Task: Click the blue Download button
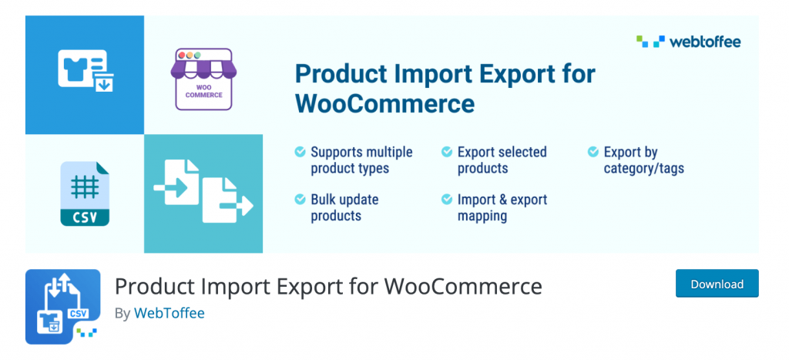[x=717, y=284]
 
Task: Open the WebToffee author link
[x=169, y=313]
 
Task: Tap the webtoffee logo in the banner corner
[x=688, y=42]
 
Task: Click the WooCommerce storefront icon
[x=203, y=79]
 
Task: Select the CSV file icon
[x=85, y=193]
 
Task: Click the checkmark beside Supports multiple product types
[x=300, y=152]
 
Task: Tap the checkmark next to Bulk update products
[x=300, y=200]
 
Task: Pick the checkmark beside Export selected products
[x=447, y=152]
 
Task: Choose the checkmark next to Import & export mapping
[x=447, y=200]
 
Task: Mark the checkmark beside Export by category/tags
[x=593, y=152]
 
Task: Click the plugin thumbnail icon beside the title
[x=63, y=307]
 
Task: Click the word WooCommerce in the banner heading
[x=385, y=104]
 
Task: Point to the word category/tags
[x=644, y=168]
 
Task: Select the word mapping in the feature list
[x=482, y=217]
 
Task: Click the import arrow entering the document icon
[x=170, y=188]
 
